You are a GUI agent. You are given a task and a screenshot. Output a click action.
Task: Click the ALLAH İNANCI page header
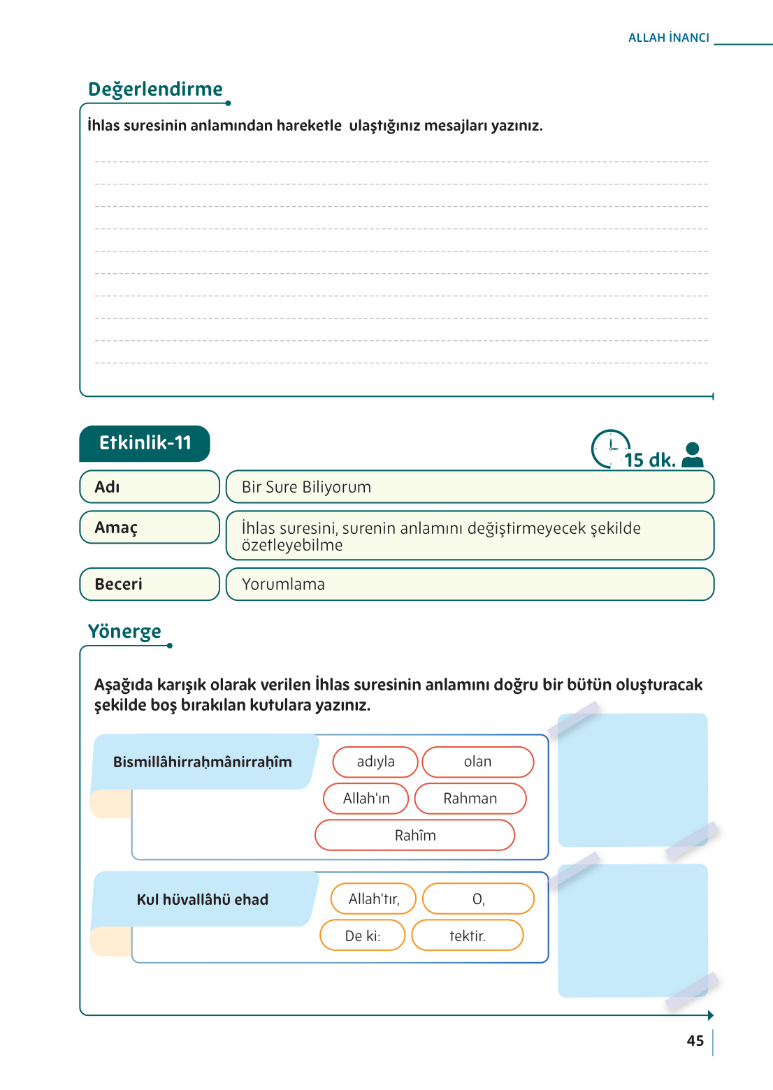pos(668,38)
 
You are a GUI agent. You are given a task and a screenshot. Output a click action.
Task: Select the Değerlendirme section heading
pos(155,89)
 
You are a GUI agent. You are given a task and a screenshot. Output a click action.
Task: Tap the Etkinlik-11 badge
pos(145,443)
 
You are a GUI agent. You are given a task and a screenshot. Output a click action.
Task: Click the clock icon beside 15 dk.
pos(610,449)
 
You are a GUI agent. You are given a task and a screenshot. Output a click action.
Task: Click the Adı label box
pos(150,487)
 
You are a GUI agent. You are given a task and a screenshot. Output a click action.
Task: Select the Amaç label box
pos(150,528)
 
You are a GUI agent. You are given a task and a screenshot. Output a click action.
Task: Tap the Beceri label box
pos(150,584)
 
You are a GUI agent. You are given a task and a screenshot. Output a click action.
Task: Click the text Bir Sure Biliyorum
pos(306,487)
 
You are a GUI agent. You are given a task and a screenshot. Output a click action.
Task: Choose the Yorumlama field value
pos(283,584)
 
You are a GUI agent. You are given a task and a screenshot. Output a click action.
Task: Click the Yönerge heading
pos(124,632)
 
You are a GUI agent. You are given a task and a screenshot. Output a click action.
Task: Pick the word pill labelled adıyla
pos(375,762)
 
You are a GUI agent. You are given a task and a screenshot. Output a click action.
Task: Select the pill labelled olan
pos(477,762)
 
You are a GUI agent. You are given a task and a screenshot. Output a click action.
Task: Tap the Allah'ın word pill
pos(366,799)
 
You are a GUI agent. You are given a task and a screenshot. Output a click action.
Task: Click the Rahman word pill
pos(470,799)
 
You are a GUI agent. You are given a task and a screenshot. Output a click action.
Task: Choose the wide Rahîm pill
pos(414,836)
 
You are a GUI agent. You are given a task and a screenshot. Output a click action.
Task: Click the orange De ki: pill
pos(362,936)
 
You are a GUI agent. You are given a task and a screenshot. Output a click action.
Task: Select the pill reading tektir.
pos(467,936)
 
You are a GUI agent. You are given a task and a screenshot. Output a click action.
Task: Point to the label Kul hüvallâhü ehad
pos(202,900)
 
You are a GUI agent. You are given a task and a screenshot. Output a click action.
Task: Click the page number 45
pos(695,1041)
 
